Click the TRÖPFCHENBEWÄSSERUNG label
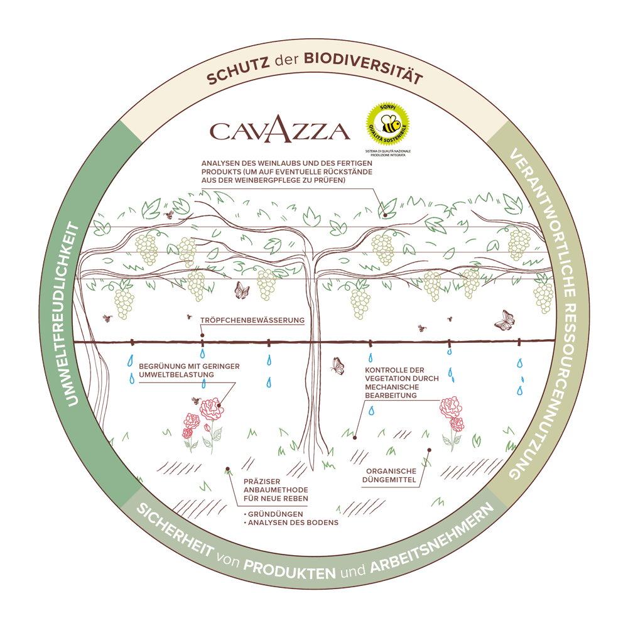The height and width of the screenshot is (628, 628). pyautogui.click(x=252, y=320)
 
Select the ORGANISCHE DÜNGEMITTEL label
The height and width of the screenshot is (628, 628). pyautogui.click(x=391, y=475)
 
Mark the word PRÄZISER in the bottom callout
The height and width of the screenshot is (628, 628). pyautogui.click(x=259, y=482)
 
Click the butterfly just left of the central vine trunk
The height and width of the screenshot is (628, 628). pyautogui.click(x=241, y=291)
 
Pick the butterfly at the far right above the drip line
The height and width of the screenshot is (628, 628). pyautogui.click(x=504, y=320)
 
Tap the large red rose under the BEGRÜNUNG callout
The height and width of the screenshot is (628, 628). pyautogui.click(x=211, y=409)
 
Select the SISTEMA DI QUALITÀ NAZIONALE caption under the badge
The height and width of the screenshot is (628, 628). pyautogui.click(x=387, y=153)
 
